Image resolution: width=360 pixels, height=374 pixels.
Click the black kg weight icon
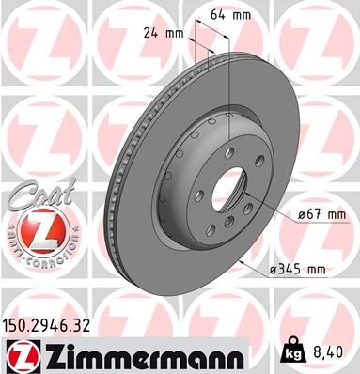[x=291, y=352]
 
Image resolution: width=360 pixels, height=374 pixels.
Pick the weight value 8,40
[x=328, y=352]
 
